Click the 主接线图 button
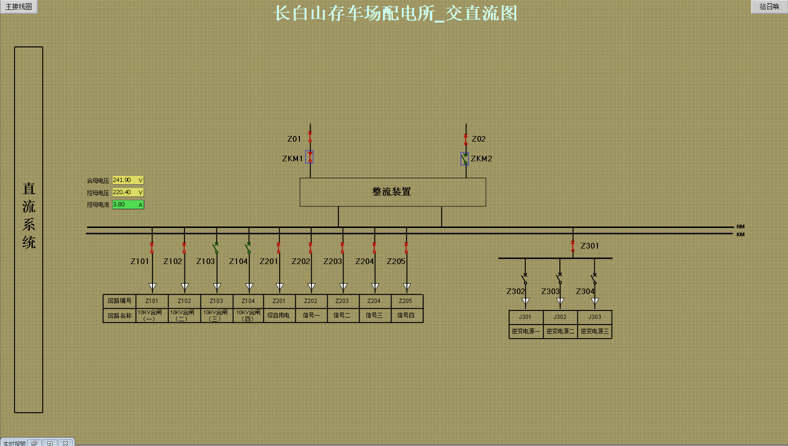click(19, 7)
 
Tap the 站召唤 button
click(769, 7)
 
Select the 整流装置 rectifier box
click(392, 192)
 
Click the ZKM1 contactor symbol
click(310, 157)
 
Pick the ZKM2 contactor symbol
click(465, 159)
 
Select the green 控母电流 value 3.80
click(127, 204)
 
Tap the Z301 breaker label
click(589, 246)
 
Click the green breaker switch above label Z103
click(216, 248)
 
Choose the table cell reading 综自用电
click(279, 316)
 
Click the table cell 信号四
click(406, 316)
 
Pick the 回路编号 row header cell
click(120, 301)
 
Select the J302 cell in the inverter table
click(560, 317)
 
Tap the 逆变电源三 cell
click(595, 331)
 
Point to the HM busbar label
click(741, 227)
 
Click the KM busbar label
click(741, 234)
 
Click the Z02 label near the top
click(479, 139)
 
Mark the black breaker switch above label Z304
click(594, 279)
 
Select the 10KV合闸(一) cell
click(150, 316)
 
